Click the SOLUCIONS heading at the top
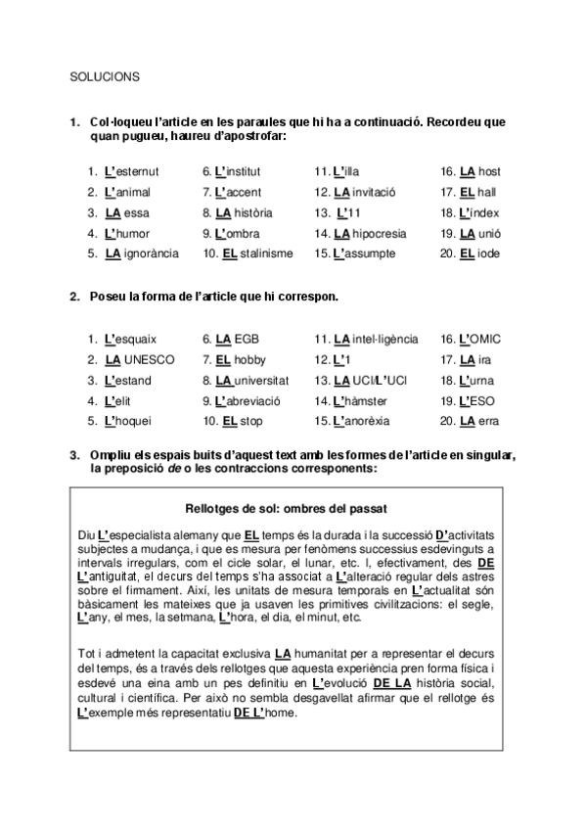(x=105, y=74)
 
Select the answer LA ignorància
(x=141, y=254)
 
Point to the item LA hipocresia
(x=376, y=233)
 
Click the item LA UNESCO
(x=139, y=359)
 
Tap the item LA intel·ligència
(x=376, y=339)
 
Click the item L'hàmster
(x=362, y=400)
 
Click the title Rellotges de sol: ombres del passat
(x=286, y=509)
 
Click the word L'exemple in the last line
(x=104, y=713)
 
